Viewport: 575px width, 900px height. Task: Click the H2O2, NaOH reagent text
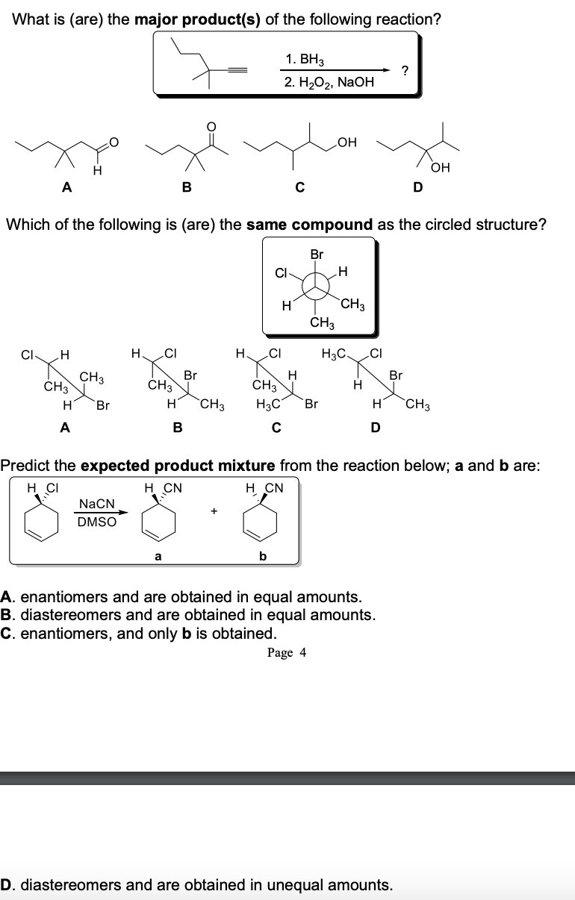[x=329, y=82]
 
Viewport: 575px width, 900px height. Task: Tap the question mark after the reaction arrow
[x=404, y=71]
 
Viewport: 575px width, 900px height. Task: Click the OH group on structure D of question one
[x=441, y=169]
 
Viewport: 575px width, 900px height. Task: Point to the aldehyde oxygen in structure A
[x=114, y=139]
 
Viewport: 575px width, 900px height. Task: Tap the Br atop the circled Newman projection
[x=317, y=254]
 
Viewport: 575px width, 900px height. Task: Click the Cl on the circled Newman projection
[x=282, y=272]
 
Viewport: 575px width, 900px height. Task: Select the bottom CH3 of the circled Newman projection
[x=322, y=322]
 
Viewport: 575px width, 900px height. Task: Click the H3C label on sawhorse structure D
[x=333, y=353]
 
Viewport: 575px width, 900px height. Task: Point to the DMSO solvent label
[x=97, y=522]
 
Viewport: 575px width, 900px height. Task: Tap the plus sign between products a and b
[x=214, y=512]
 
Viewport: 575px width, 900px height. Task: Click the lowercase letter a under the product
[x=158, y=555]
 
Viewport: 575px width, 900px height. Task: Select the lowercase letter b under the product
[x=262, y=555]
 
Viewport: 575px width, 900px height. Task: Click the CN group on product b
[x=273, y=489]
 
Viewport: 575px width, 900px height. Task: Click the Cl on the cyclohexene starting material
[x=51, y=489]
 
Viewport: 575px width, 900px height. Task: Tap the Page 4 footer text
[x=287, y=653]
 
